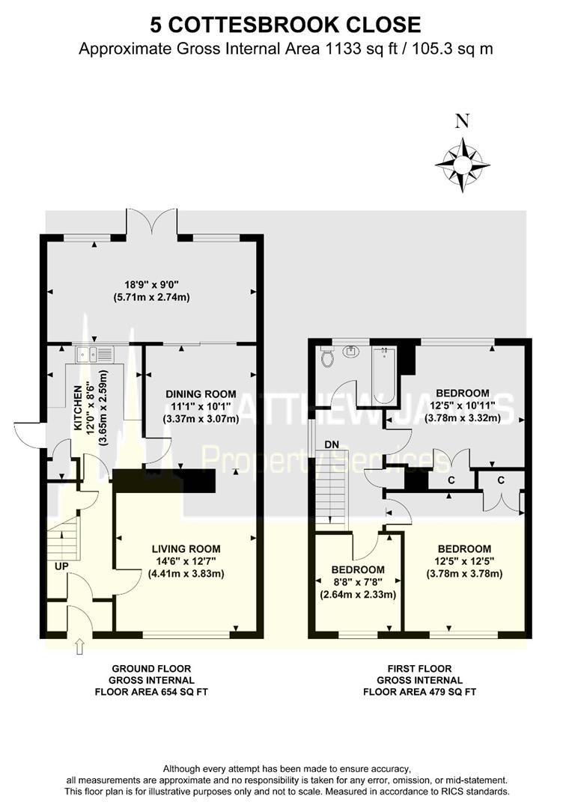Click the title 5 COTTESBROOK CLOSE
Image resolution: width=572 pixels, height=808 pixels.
[285, 25]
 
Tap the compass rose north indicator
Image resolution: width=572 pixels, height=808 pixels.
[462, 161]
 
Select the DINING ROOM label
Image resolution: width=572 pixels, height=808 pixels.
[201, 394]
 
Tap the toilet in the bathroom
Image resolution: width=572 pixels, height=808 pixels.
[326, 358]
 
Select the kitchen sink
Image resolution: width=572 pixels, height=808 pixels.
[93, 354]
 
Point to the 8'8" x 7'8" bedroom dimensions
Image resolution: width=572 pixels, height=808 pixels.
[358, 581]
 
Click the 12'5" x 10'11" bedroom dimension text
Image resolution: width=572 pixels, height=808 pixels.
[462, 405]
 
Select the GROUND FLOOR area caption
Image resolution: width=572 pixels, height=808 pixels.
[151, 680]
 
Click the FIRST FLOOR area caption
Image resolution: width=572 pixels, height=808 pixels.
[419, 680]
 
